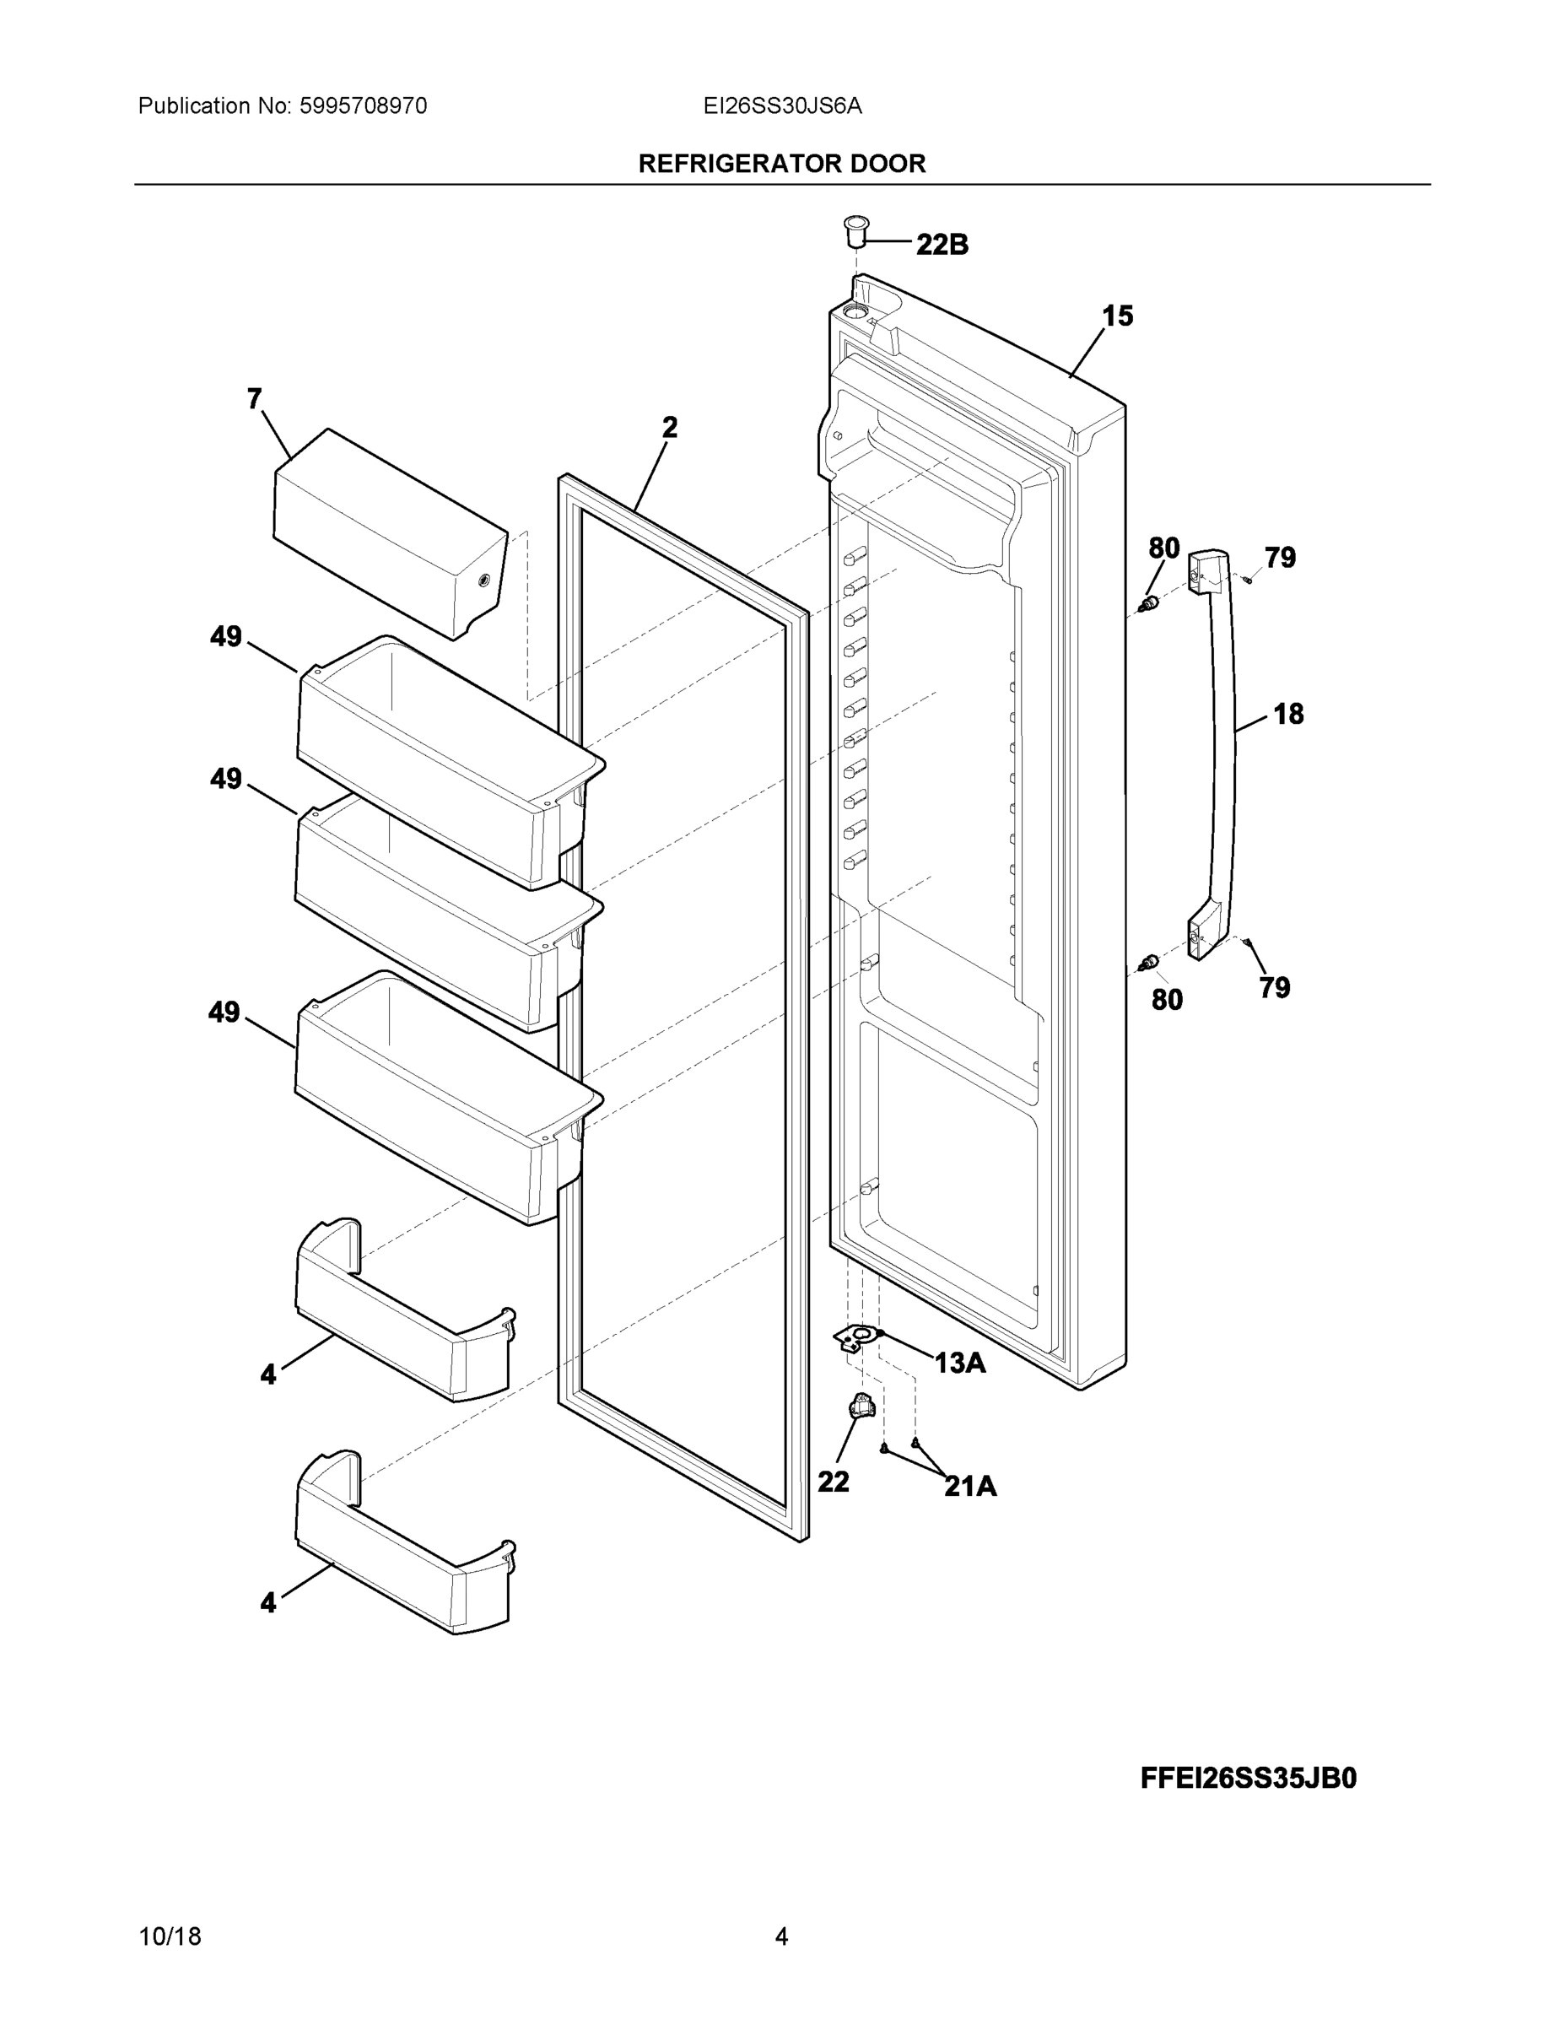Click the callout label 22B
pyautogui.click(x=942, y=245)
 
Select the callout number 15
pyautogui.click(x=1117, y=316)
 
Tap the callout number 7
pyautogui.click(x=254, y=399)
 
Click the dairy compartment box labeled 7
pyautogui.click(x=390, y=533)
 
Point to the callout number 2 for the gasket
pyautogui.click(x=669, y=428)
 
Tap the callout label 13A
pyautogui.click(x=959, y=1363)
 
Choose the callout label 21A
pyautogui.click(x=971, y=1487)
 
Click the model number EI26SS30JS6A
pyautogui.click(x=783, y=106)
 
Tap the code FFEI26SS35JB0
pyautogui.click(x=1248, y=1778)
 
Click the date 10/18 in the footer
pyautogui.click(x=170, y=1936)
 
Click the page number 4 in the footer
pyautogui.click(x=781, y=1936)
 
